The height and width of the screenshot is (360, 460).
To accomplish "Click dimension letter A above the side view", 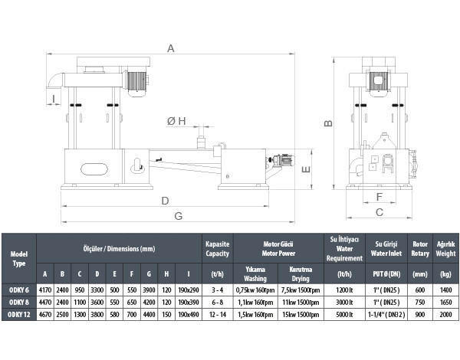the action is pyautogui.click(x=171, y=48).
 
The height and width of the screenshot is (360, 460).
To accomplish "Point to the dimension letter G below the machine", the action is pyautogui.click(x=179, y=216).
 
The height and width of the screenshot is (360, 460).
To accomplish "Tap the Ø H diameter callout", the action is pyautogui.click(x=176, y=121).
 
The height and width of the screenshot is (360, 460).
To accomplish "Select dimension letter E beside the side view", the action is pyautogui.click(x=306, y=169).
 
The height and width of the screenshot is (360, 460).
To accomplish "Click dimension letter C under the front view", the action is pyautogui.click(x=379, y=212).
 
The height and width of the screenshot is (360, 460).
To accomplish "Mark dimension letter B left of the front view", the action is pyautogui.click(x=329, y=123).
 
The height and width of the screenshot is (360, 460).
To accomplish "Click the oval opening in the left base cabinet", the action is pyautogui.click(x=94, y=169).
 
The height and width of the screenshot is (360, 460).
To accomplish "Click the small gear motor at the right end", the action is pyautogui.click(x=281, y=161).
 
